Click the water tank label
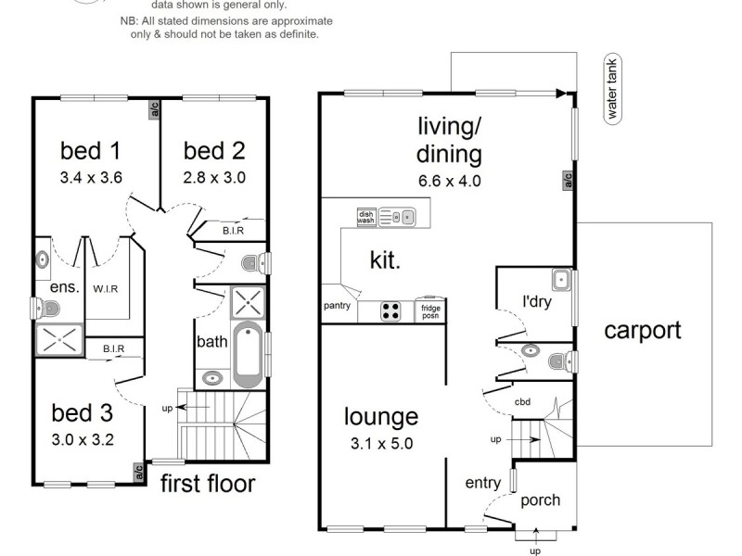tap(612, 89)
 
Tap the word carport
tap(643, 330)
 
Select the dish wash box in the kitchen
tap(366, 217)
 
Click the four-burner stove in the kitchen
tap(391, 311)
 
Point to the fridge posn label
tap(430, 311)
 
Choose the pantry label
tap(337, 305)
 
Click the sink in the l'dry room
tap(559, 280)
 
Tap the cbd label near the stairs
tap(522, 403)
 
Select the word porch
tap(540, 500)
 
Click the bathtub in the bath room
tap(248, 356)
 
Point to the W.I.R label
tap(105, 288)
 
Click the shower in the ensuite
tap(58, 339)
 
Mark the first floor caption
tap(208, 483)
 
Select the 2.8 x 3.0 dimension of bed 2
tap(214, 178)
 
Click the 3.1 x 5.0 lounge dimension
tap(381, 443)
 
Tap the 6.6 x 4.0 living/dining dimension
tap(450, 181)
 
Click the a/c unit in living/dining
tap(567, 180)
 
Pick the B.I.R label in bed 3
tap(113, 348)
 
